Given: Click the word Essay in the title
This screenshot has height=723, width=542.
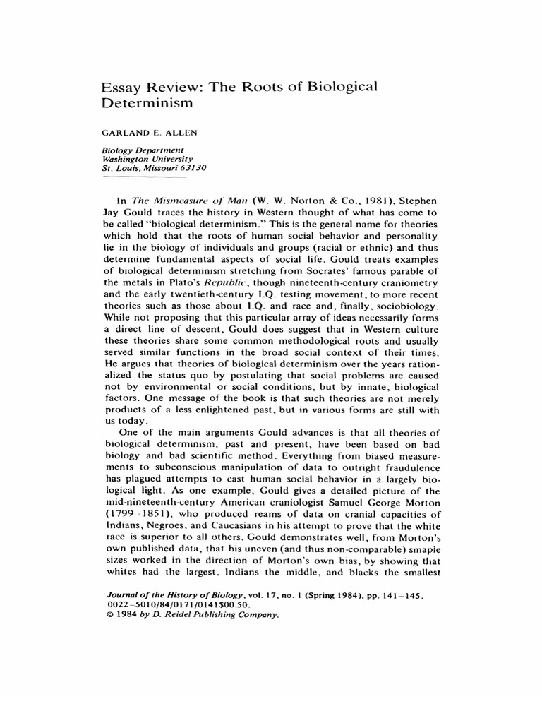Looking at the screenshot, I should (122, 87).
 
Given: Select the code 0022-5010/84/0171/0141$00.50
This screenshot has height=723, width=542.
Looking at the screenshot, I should (175, 606).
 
